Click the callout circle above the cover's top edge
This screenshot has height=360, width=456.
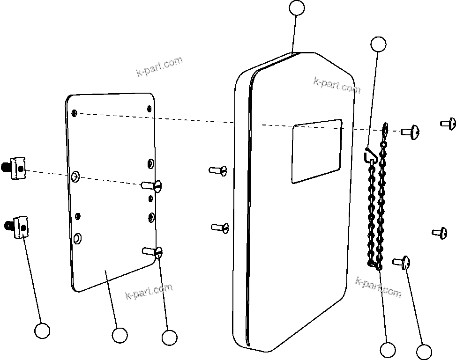tap(297, 8)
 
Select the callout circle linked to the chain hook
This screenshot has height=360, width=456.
tap(378, 44)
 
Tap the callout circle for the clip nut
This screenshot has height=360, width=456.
tap(43, 331)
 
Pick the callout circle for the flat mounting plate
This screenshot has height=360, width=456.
tap(120, 335)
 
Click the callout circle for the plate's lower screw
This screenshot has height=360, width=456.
tap(169, 337)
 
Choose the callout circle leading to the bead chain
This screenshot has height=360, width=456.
tap(388, 350)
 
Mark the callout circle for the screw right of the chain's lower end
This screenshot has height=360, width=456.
tap(424, 352)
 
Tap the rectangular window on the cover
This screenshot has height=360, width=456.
tap(317, 151)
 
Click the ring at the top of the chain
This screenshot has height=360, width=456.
tap(385, 128)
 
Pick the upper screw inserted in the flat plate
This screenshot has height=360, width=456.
tap(153, 185)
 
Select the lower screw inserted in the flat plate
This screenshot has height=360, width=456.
tap(153, 252)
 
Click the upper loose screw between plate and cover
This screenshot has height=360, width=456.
tap(218, 170)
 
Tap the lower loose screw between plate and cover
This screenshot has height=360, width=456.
tap(219, 228)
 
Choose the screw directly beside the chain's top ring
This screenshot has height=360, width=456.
tap(410, 132)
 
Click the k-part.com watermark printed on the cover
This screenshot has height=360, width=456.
tap(336, 86)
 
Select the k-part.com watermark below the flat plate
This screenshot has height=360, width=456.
tap(149, 292)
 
